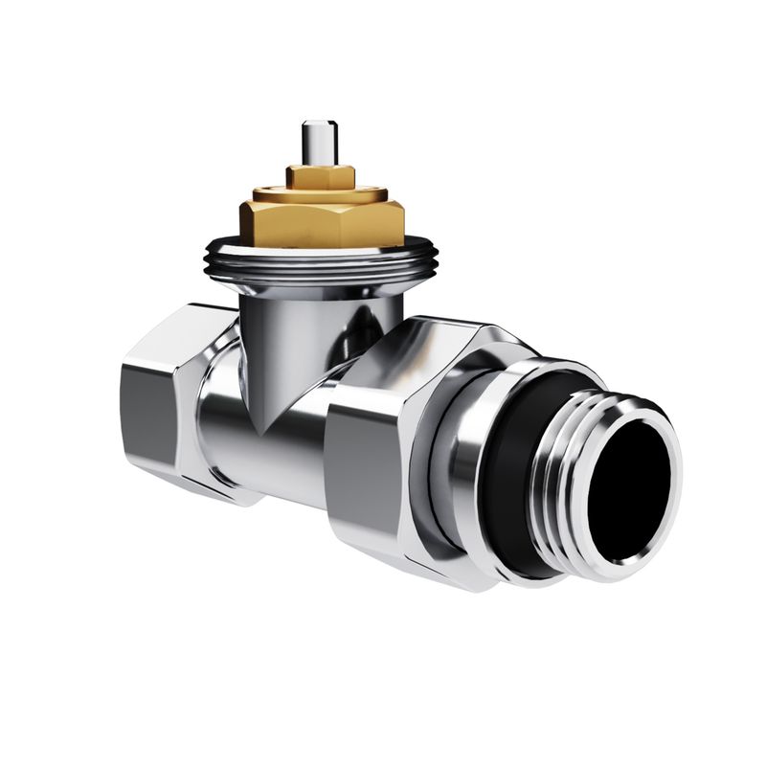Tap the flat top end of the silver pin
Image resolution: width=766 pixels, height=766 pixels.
point(315,124)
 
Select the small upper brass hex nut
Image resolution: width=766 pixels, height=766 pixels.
point(321,177)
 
